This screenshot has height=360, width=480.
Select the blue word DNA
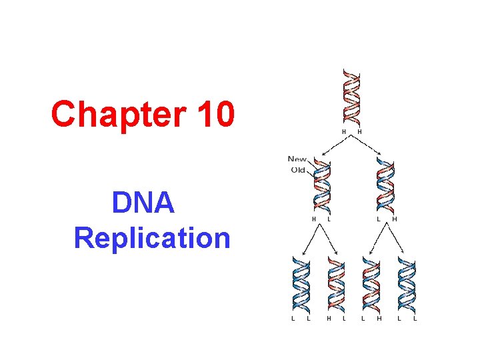143,203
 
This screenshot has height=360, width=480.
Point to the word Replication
153,237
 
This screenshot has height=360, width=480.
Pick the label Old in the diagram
298,169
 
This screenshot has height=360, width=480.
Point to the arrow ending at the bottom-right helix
397,239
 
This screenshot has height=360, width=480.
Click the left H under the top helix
345,132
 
